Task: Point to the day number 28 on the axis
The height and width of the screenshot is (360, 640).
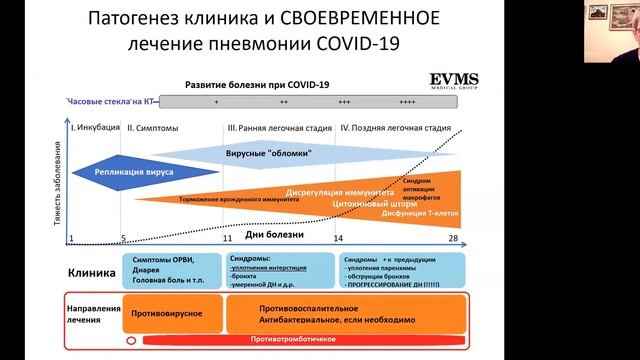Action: pos(453,238)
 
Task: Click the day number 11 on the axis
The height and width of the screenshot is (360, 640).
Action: pos(228,238)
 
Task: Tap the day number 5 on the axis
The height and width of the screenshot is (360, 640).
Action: pos(123,238)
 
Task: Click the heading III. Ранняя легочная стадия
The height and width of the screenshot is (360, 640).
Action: pos(276,128)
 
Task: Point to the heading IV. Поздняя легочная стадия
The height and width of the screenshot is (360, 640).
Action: pos(396,128)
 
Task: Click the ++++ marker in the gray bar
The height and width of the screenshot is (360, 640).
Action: pos(407,102)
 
